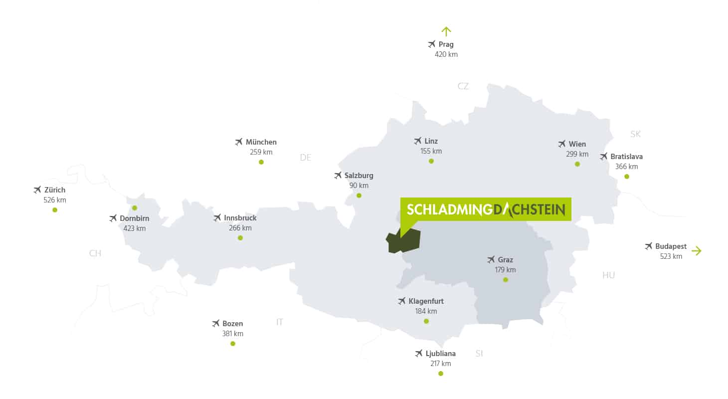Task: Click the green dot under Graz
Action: point(506,280)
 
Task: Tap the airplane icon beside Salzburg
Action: point(338,176)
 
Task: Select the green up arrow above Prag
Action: point(446,31)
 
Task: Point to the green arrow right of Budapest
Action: point(697,251)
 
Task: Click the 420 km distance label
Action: point(446,54)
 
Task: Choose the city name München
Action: point(261,142)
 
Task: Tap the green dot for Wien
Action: point(577,164)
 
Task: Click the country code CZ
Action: point(463,86)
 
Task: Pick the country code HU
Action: point(608,275)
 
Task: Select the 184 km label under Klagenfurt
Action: point(426,311)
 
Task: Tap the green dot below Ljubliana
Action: point(441,374)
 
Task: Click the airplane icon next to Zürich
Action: point(37,190)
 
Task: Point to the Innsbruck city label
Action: point(240,218)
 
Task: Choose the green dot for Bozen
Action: point(233,344)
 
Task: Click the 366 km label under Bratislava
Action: point(627,167)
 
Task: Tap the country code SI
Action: point(479,354)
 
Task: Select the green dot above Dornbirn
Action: point(135,208)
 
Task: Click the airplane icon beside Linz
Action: point(418,141)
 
